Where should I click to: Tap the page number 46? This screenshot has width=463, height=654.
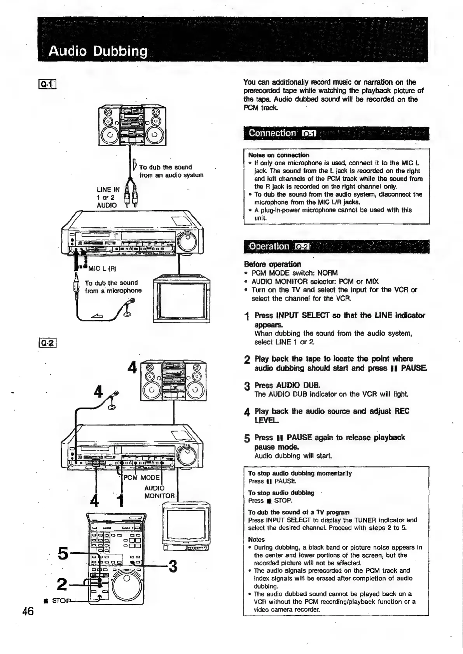coord(28,611)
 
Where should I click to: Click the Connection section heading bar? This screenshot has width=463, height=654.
coord(336,133)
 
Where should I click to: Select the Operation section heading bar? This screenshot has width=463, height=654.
coord(336,246)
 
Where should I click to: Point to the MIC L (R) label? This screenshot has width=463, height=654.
coord(102,269)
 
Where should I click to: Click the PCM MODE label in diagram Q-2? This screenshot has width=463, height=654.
coord(142,478)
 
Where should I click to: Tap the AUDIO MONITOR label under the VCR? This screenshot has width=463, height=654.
coord(159,492)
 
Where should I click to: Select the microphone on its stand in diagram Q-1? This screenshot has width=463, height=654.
coord(130,307)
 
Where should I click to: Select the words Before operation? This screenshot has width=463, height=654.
coord(272,264)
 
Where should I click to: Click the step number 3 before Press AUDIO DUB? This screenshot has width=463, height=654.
coord(246,386)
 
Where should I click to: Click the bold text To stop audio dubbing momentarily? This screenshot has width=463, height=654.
coord(300,473)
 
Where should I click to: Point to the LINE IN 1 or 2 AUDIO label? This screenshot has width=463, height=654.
coord(108,197)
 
